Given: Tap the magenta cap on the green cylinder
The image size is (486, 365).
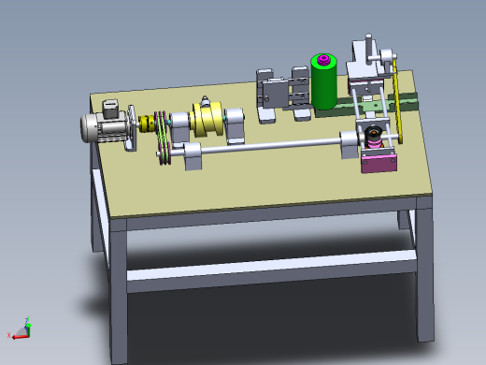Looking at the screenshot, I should point(324,62).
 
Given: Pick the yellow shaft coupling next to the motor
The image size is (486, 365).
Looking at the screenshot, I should point(148,124).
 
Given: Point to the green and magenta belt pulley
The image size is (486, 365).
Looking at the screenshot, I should point(164,138).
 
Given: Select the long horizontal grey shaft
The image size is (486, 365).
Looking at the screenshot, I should point(271,145).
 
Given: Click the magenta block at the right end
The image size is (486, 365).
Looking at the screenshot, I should point(379,163).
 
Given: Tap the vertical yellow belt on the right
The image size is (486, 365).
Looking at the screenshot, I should point(397,108).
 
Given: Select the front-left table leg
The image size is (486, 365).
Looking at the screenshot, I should point(118,290).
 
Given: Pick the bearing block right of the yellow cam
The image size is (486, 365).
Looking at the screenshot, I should point(235,123).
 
